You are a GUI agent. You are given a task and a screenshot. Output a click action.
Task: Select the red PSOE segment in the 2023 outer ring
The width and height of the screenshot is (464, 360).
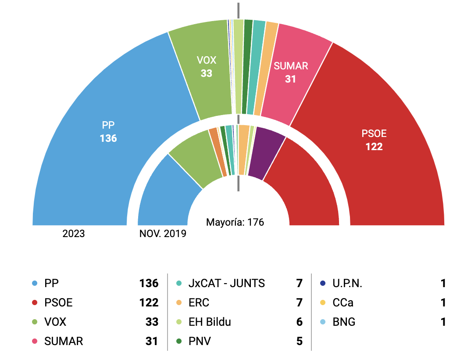point(386,167)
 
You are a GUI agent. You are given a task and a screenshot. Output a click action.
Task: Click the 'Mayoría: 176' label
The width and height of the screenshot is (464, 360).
point(235,222)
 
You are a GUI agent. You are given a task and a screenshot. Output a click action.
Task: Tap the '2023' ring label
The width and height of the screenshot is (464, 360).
point(74,234)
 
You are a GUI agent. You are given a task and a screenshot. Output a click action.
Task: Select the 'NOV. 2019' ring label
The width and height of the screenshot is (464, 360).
point(163,234)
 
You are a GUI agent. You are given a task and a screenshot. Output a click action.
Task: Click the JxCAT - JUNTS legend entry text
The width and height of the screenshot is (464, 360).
point(226,284)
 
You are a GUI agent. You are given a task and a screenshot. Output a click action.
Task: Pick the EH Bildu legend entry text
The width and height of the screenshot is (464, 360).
point(210,322)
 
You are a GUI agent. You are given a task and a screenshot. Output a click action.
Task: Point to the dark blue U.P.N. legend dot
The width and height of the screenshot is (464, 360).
point(323,284)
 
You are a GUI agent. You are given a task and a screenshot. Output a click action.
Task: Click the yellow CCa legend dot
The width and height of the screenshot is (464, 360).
point(323,303)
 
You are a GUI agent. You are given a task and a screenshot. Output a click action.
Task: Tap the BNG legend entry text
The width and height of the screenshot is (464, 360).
point(345,322)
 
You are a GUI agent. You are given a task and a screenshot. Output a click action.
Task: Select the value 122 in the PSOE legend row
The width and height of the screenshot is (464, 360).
point(149,303)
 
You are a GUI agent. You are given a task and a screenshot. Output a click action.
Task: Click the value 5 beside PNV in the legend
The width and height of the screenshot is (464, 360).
point(300,342)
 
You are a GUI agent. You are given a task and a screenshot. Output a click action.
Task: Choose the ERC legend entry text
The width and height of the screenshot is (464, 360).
point(199,303)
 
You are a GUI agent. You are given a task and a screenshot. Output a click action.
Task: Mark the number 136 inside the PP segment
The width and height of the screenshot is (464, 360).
point(108,138)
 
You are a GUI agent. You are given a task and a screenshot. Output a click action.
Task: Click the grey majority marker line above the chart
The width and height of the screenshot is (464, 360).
point(239,10)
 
